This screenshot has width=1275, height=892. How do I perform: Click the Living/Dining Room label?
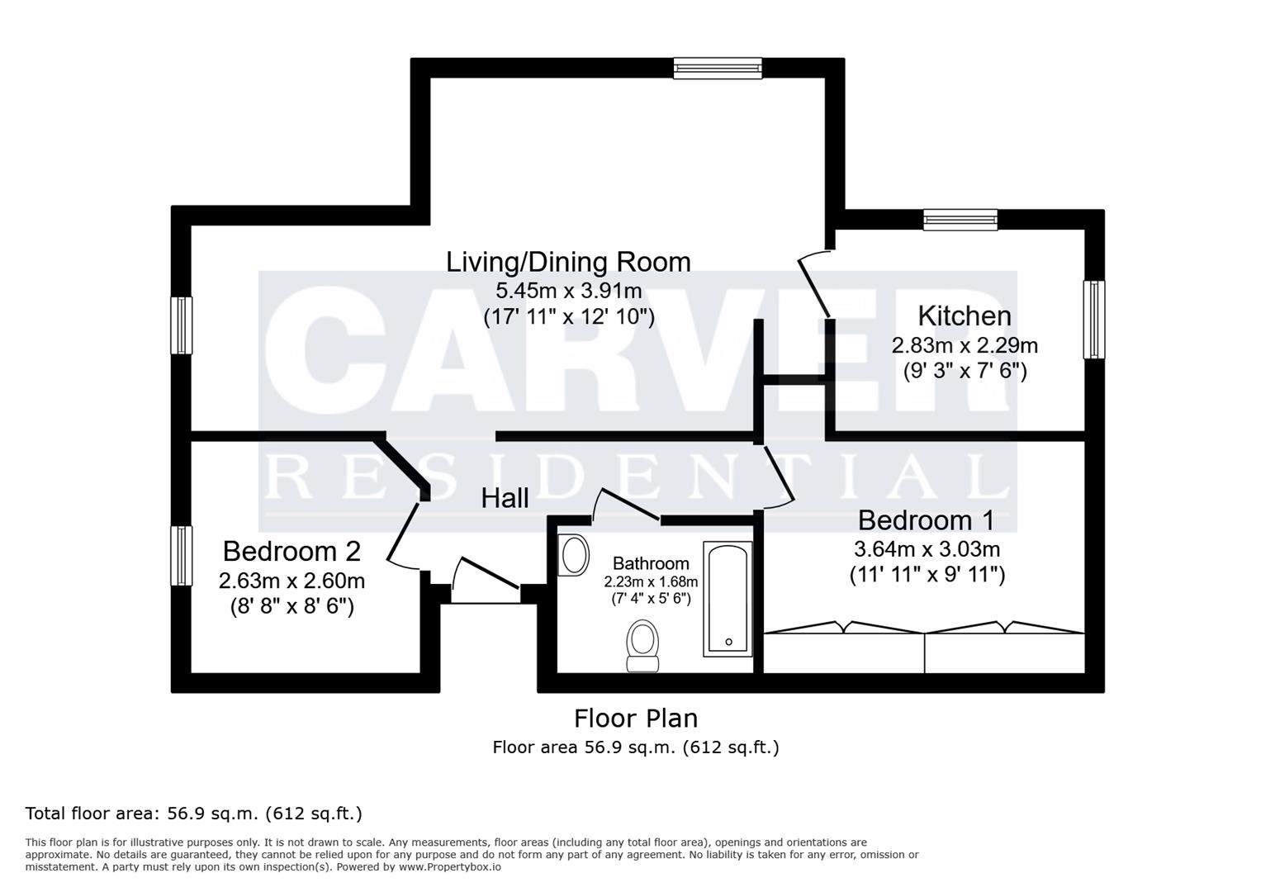point(568,262)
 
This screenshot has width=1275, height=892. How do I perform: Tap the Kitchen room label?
point(964,316)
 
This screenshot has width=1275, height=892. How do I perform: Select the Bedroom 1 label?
point(926,520)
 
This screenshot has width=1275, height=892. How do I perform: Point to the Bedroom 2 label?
point(291,551)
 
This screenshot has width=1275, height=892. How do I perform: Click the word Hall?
point(505,498)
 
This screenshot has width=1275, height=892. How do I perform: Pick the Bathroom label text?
point(651,563)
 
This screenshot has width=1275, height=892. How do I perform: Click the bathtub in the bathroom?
point(728,599)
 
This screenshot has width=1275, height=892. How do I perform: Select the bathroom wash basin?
point(574,554)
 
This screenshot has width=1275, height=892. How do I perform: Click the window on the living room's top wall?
point(717,68)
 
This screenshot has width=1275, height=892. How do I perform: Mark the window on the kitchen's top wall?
point(960,219)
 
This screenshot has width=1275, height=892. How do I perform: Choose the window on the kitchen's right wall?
point(1093,320)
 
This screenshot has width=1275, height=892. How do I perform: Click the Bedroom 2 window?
point(182,556)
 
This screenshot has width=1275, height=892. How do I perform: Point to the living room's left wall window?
point(182,325)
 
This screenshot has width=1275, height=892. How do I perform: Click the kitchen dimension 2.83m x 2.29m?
point(964,344)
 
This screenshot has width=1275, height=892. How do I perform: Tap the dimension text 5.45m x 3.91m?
point(568,290)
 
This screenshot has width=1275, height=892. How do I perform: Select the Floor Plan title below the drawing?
point(636,718)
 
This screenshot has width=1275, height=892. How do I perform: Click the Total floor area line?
point(194,814)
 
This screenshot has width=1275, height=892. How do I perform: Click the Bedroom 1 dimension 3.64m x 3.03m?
point(927,548)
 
